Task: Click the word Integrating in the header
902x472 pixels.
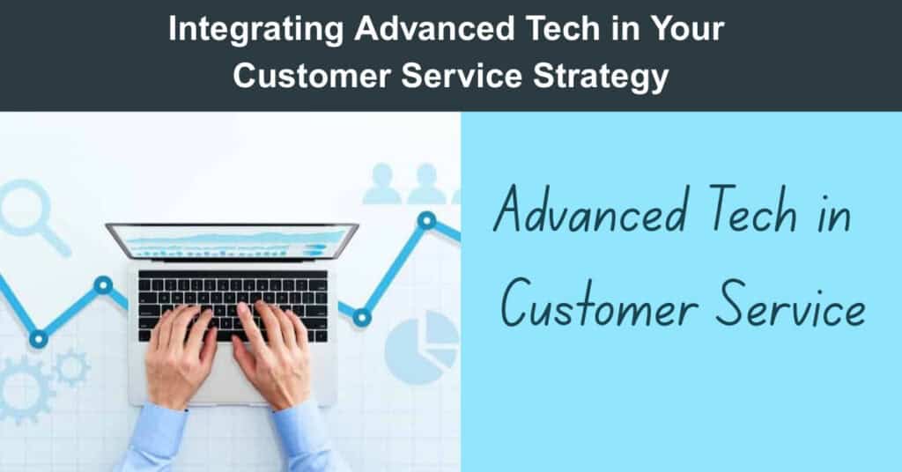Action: point(255,29)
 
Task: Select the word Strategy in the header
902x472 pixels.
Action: point(601,77)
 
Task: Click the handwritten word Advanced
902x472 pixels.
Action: point(590,210)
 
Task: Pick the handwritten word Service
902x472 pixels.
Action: point(792,304)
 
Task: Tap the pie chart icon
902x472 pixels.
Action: point(422,347)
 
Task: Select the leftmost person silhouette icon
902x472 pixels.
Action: point(382,184)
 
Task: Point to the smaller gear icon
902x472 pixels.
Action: point(72,367)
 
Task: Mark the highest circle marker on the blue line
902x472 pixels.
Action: point(426,220)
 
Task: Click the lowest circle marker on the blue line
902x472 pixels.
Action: point(39,339)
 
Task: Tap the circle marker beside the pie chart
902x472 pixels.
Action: point(362,317)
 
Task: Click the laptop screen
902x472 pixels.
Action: point(232,241)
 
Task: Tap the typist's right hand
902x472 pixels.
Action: point(272,355)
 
